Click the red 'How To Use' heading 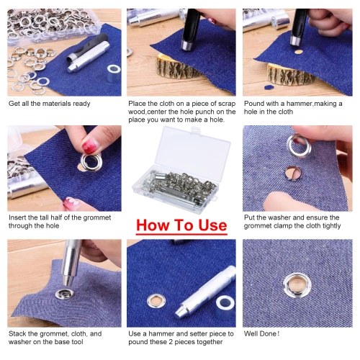coord(181,225)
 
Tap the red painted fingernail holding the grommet coord(90,146)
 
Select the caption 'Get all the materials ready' coord(50,104)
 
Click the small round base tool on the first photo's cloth coord(114,73)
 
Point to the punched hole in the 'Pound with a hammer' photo coord(299,52)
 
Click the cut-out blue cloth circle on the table coord(268,87)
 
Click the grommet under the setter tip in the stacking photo coord(63,294)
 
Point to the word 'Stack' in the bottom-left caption coord(17,333)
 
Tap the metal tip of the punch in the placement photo coord(187,45)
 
